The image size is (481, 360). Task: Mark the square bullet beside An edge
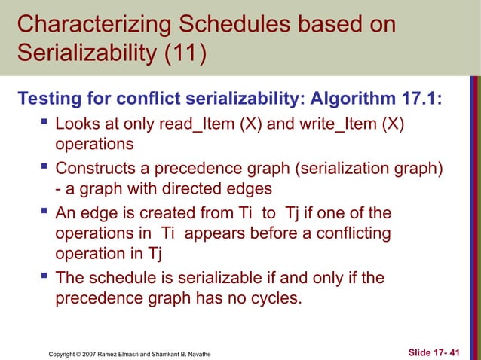[43, 213]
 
